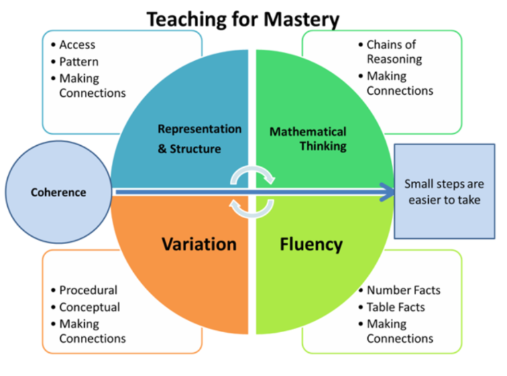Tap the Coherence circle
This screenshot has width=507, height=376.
pos(58,192)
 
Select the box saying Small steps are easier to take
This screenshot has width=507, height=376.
pos(444,191)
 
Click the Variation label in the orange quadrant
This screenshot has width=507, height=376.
pos(199,244)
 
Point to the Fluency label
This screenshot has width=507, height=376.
pos(311,244)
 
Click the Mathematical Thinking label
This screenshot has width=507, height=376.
pos(308,138)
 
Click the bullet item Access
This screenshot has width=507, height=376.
pos(77,45)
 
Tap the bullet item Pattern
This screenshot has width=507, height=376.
pos(79,62)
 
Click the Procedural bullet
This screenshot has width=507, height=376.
pos(88,290)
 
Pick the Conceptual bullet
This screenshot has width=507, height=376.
pos(89,307)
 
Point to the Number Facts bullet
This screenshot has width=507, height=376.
pos(403,290)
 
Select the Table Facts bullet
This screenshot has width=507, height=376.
pos(396,307)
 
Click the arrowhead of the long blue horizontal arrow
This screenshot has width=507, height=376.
pos(385,192)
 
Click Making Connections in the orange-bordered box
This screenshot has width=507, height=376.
pos(92,331)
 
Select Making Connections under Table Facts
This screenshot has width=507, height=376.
pos(400,331)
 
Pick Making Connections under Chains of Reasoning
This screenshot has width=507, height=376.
pos(400,83)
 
